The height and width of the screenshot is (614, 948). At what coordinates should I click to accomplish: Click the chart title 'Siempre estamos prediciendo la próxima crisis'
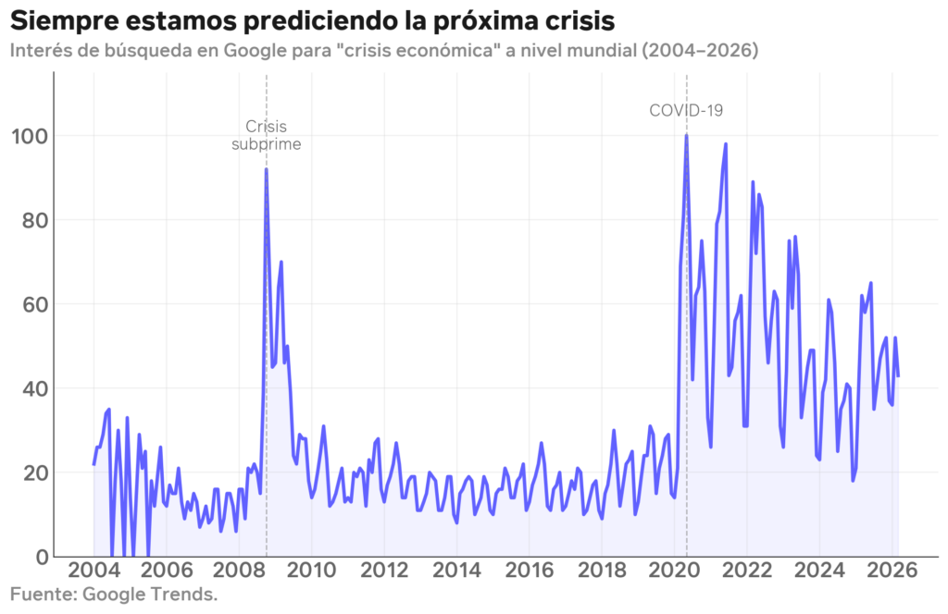point(312,19)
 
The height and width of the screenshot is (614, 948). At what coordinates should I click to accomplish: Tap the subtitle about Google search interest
point(384,50)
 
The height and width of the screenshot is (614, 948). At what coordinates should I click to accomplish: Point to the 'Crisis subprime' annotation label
point(267,135)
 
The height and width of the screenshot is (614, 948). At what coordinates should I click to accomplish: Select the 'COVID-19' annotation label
point(685,110)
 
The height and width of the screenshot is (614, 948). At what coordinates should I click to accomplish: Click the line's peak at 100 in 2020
point(686,136)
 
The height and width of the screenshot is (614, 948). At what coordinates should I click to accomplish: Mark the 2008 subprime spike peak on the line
point(267,169)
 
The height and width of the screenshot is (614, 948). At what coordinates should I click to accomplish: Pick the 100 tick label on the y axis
point(30,136)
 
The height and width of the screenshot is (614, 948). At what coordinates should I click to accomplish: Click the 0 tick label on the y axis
point(40,557)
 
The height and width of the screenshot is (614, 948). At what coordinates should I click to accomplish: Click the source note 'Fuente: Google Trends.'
point(114,594)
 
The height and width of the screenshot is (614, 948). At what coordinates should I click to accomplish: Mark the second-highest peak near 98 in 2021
point(726,144)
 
